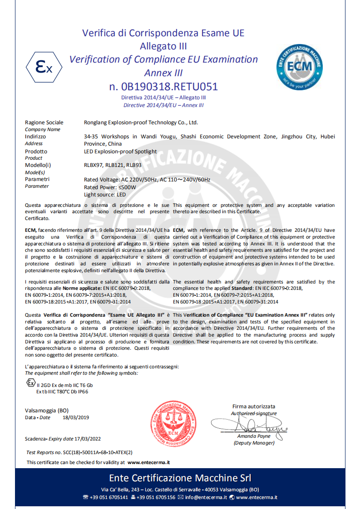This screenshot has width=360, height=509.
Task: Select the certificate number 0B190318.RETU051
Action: [163, 87]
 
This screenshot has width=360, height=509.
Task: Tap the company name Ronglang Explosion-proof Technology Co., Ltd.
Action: [141, 122]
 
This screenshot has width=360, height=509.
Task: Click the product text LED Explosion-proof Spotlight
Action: [120, 152]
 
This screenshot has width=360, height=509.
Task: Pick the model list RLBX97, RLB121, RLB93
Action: [113, 165]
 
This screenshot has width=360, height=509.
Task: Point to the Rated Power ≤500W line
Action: [110, 187]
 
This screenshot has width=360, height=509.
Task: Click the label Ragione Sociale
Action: [44, 122]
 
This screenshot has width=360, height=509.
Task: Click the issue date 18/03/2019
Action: [76, 417]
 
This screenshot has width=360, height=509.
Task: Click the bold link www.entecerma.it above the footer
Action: [148, 462]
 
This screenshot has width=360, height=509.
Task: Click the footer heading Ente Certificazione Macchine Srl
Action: [180, 478]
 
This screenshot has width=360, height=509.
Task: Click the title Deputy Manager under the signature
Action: [254, 443]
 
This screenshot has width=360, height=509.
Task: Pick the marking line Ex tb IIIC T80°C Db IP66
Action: [62, 392]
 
